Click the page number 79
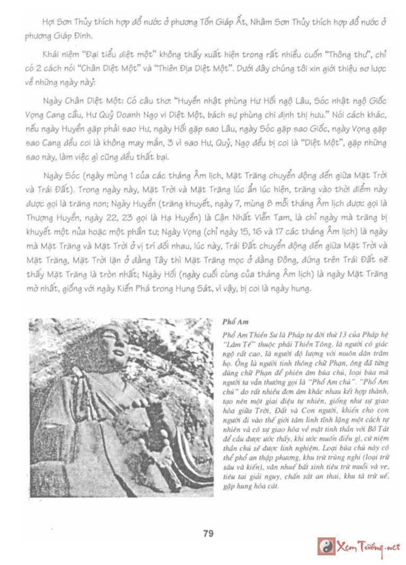(x=208, y=533)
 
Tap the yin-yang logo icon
(x=326, y=546)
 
